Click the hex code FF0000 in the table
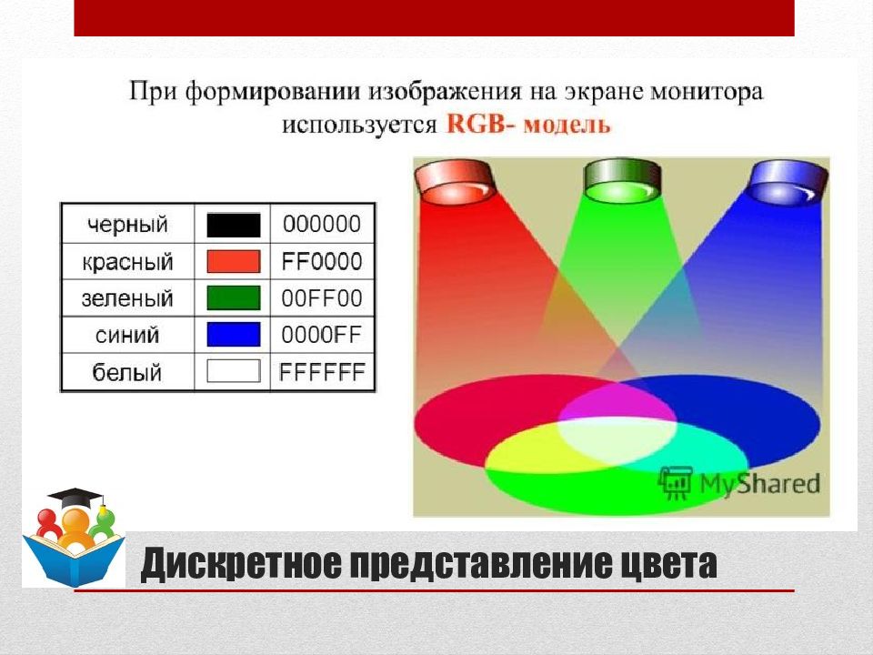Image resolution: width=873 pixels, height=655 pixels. pos(321,262)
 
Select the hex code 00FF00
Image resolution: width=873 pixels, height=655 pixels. pos(321,298)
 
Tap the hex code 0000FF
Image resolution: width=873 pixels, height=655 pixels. pos(321,335)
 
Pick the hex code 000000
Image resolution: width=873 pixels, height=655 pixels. pos(321,225)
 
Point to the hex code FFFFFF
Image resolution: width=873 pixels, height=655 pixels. pos(322,372)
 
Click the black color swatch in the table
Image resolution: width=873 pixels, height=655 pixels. pos(233,225)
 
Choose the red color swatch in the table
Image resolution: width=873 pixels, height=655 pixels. pos(233,262)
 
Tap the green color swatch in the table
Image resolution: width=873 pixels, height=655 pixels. pos(233,298)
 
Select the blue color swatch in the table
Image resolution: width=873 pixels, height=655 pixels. pos(233,335)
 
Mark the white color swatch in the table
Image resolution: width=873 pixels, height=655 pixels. pos(233,371)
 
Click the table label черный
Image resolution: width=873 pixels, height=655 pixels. pos(127,225)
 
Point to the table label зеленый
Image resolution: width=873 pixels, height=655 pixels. pos(127,298)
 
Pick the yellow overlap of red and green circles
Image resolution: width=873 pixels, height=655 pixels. pos(537,455)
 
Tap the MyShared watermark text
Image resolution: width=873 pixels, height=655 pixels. pos(758,483)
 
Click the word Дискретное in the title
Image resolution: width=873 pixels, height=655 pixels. pos(243,565)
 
